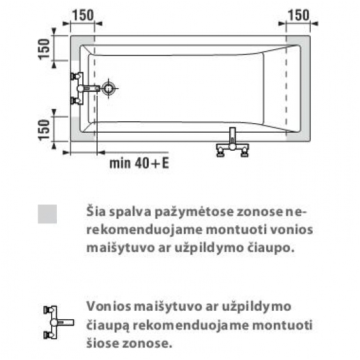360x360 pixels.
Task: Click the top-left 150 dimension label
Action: coord(83,15)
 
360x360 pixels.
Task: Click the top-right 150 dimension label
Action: coord(299,15)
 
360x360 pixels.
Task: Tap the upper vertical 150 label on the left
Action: coord(44,49)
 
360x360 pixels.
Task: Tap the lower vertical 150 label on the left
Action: coord(44,130)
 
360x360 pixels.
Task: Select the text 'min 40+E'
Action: coord(139,163)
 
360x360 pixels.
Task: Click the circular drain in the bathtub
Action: coord(109,88)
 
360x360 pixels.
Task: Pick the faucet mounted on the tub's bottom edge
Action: coord(232,142)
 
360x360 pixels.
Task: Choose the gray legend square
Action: coord(47,214)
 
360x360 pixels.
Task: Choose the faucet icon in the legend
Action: coord(59,322)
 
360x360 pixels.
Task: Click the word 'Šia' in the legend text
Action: coord(96,211)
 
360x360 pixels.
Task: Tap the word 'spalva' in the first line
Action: coord(130,212)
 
